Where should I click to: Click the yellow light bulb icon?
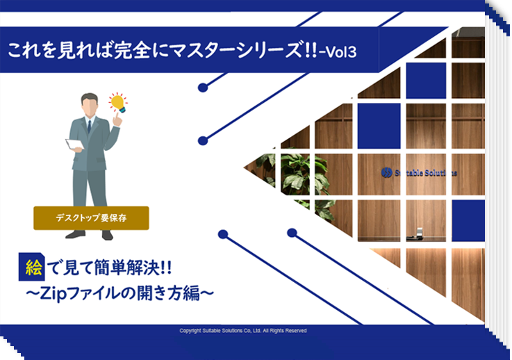tap(118, 103)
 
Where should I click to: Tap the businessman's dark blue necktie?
tap(89, 126)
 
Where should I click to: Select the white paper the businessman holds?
tap(74, 144)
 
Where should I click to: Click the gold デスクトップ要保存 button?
tap(91, 218)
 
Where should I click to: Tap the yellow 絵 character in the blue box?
tap(33, 268)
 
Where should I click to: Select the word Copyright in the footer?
tap(190, 331)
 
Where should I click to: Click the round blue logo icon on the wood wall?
tap(387, 172)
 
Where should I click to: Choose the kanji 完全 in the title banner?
tap(128, 50)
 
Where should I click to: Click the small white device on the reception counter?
tap(420, 232)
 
